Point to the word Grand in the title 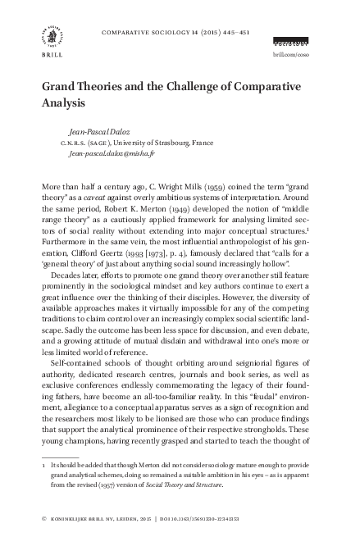(x=62, y=89)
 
